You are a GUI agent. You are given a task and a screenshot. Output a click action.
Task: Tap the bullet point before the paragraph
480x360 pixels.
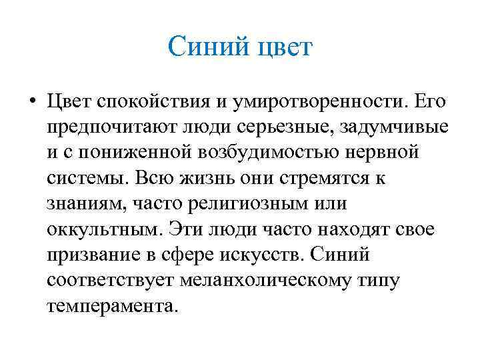coord(31,103)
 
